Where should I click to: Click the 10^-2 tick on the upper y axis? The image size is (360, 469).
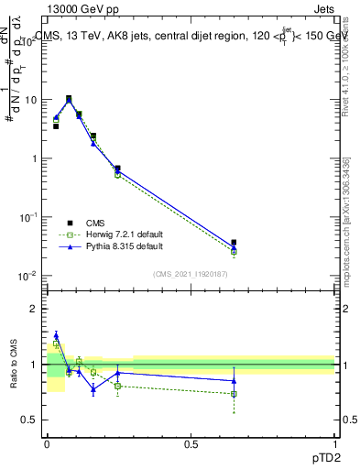point(27,276)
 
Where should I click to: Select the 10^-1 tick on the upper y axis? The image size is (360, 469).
point(27,217)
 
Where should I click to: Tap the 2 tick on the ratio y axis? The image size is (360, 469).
point(35,309)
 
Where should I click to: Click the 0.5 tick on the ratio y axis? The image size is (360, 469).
point(31,420)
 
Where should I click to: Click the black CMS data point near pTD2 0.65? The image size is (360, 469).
point(234,243)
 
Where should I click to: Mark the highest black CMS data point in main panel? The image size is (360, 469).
point(69,98)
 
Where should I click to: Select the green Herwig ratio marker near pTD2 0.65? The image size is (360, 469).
point(234,394)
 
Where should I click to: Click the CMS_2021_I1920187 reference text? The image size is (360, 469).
point(191,275)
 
